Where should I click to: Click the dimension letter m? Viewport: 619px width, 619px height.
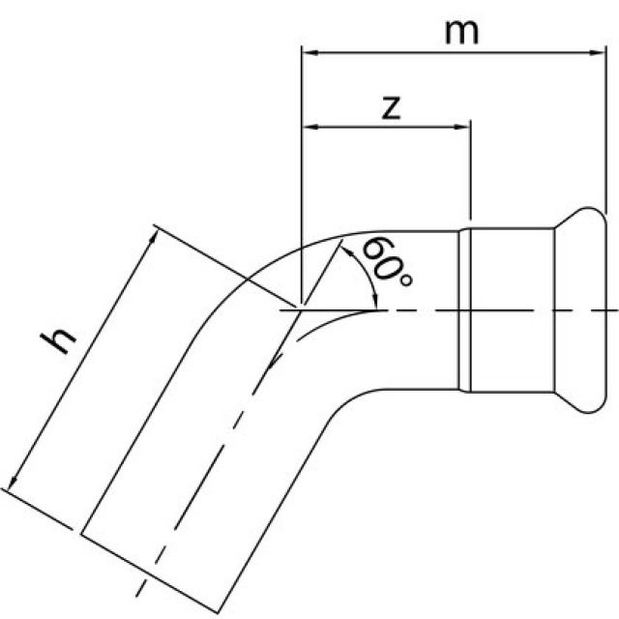461,31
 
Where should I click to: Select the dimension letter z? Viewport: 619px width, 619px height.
391,106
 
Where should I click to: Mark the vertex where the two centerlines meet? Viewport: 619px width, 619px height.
303,310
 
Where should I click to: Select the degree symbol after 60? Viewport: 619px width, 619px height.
405,280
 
